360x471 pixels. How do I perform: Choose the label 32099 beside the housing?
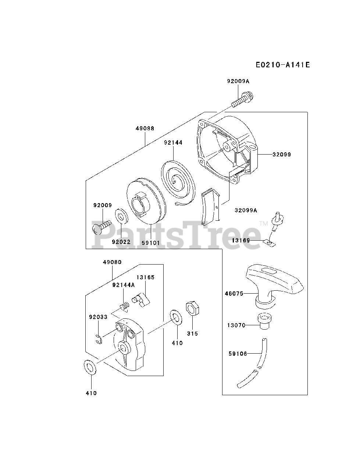coord(282,155)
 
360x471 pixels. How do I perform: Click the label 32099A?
coord(246,210)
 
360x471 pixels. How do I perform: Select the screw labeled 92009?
coord(101,226)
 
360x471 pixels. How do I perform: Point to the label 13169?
coord(241,240)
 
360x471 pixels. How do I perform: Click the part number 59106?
coord(236,354)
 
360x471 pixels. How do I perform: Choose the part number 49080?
coord(112,262)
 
